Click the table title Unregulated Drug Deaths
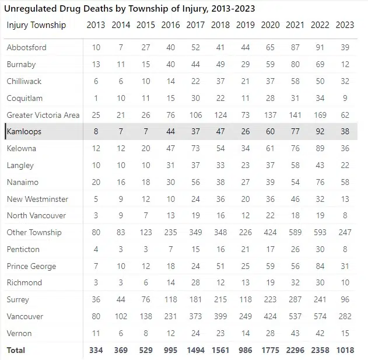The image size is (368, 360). pos(130,9)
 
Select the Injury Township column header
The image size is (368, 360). pos(36,25)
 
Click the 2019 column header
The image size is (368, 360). pos(246,25)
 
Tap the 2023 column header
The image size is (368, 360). pos(345,25)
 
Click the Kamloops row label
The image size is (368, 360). pos(24,131)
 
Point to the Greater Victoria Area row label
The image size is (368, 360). pos(43,115)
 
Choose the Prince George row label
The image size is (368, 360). pos(31,266)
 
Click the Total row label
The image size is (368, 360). pos(16,350)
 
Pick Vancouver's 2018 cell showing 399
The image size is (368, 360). pos(220,316)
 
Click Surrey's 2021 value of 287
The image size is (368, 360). pos(295,300)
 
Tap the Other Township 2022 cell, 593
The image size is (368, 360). pos(320,232)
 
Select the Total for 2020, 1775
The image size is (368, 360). pos(270,350)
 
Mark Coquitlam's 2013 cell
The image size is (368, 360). pos(96,98)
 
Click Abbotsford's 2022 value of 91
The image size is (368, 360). pos(320,47)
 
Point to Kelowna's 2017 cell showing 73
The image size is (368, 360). pos(195,148)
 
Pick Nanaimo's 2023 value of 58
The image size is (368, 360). pos(345,182)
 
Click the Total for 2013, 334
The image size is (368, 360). pos(95,350)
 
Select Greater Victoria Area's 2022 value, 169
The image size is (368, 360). pos(320,115)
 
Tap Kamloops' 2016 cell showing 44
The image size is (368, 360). pos(170,131)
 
